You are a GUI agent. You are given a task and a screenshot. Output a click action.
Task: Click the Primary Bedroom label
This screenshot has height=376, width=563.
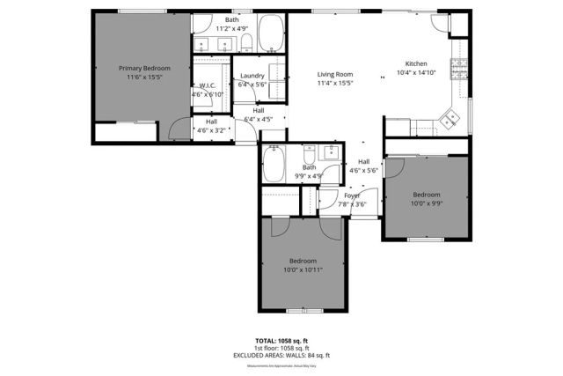coord(144,68)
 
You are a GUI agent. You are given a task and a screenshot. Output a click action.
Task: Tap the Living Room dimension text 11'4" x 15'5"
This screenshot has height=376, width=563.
coord(334,84)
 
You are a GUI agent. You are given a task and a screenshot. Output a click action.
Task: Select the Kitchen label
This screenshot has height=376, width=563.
coord(416,64)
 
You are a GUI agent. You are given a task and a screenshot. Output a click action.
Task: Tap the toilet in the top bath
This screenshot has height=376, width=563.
coord(246,41)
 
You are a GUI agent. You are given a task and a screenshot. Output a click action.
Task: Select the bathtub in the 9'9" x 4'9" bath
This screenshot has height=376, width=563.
coord(274,163)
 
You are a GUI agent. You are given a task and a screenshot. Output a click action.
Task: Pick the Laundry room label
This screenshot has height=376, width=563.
coord(252,76)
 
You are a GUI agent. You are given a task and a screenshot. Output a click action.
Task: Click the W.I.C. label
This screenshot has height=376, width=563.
coord(208,85)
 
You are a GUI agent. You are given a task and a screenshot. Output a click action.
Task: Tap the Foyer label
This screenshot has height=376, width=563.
coord(352,195)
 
